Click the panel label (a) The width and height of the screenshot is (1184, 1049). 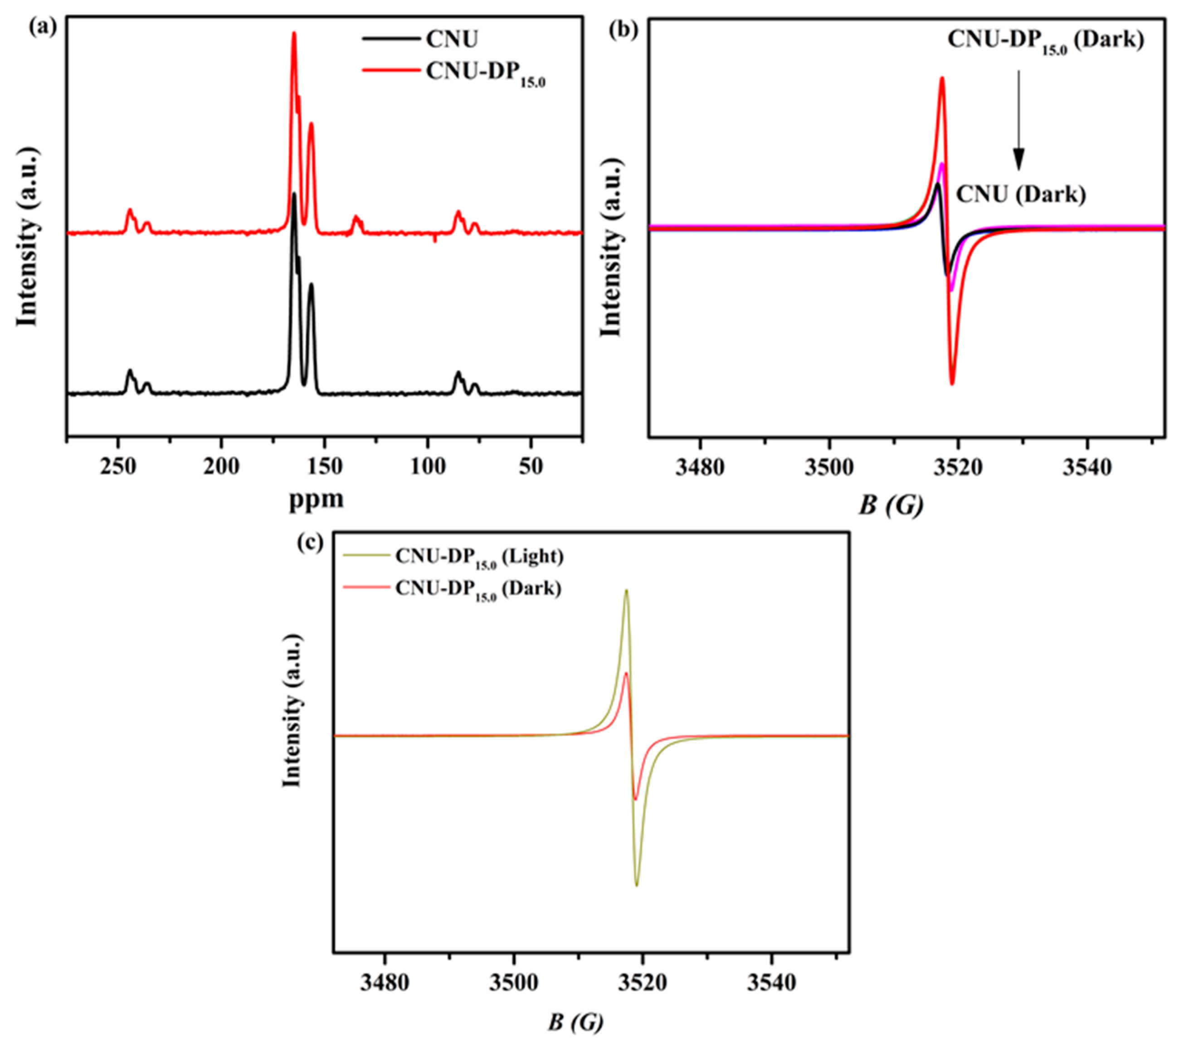pos(44,27)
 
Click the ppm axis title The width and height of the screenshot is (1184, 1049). pos(316,500)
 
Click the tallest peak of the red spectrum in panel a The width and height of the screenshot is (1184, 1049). pos(294,34)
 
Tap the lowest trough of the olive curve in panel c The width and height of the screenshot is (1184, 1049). pos(637,885)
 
